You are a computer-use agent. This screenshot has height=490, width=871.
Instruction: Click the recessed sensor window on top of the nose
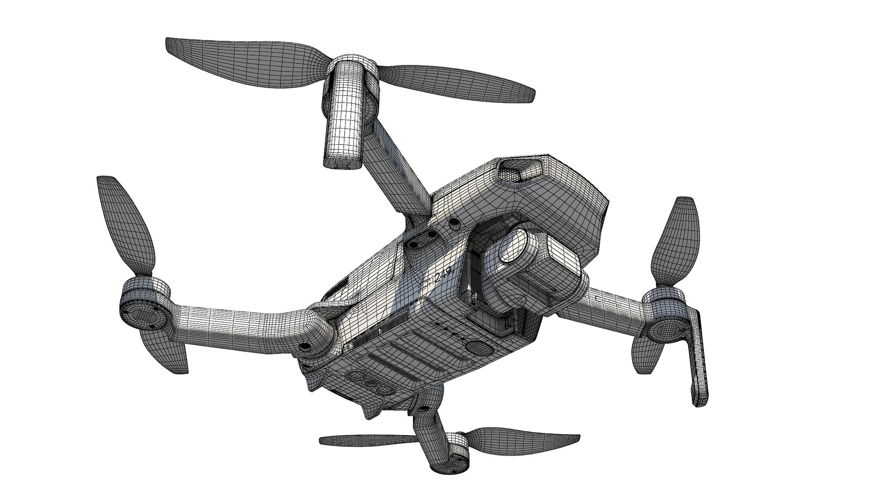(518, 170)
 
